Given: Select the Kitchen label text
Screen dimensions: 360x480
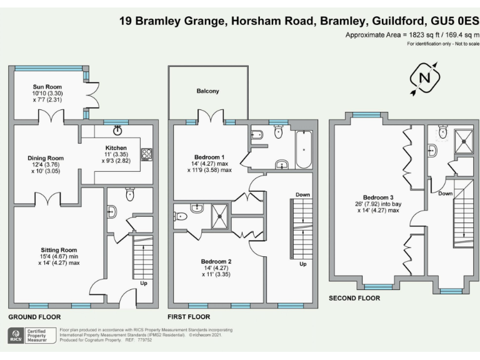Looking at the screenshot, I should pos(116,147).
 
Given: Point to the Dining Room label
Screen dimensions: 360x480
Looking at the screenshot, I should pos(45,158).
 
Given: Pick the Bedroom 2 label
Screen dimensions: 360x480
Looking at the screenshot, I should pos(217,261).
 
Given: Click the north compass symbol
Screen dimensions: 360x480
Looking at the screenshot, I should pos(425,77).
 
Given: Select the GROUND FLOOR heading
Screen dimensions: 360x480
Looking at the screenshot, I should pos(34,317).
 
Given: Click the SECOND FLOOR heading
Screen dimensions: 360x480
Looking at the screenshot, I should pos(354,298).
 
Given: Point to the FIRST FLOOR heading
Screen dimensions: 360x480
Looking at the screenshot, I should pos(188,317).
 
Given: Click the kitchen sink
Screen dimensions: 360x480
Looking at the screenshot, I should pos(117,131).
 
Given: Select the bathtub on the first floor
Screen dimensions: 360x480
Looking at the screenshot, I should pos(304,149).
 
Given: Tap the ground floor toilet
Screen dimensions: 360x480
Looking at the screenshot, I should pos(130,195).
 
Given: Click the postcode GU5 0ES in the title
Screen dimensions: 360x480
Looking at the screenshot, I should pos(448,21).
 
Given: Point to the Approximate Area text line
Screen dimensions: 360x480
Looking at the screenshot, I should pos(412,35).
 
